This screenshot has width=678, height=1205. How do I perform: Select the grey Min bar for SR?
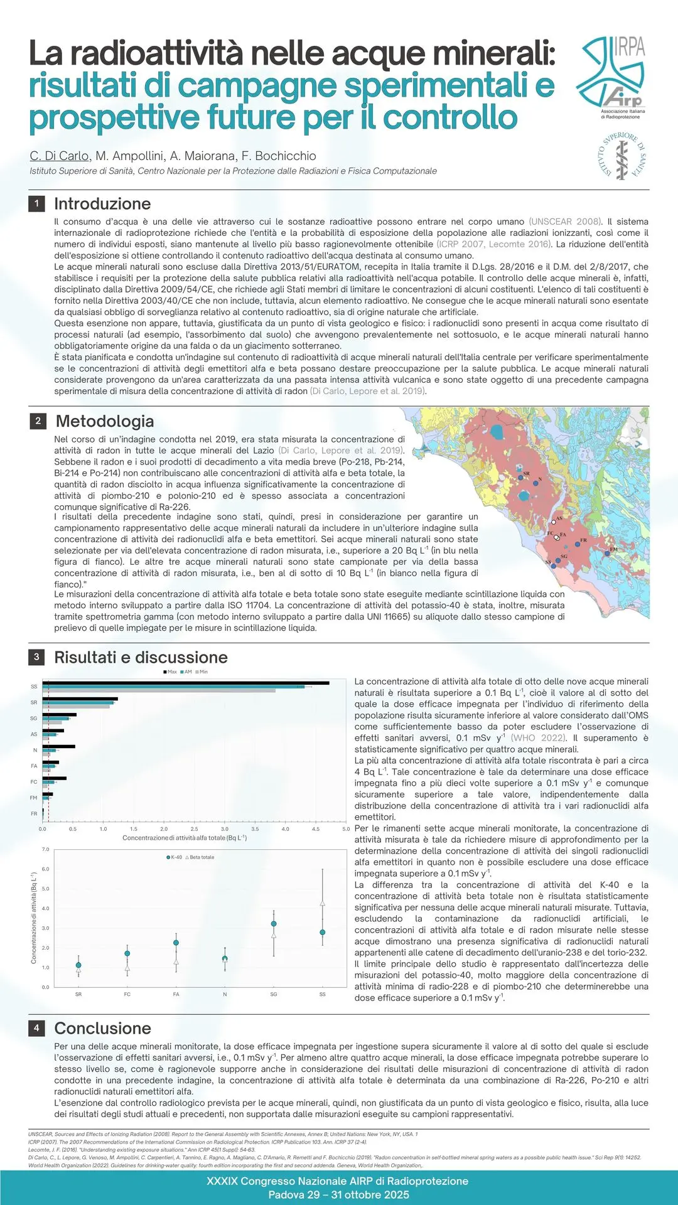click(x=75, y=707)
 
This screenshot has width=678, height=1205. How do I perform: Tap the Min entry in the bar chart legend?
click(x=202, y=672)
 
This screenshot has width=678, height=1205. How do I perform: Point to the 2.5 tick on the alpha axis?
click(x=194, y=829)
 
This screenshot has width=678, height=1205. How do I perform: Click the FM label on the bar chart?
click(x=34, y=798)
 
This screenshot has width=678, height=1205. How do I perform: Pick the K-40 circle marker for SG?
click(x=274, y=924)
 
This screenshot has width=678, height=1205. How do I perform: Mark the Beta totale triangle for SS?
click(x=323, y=904)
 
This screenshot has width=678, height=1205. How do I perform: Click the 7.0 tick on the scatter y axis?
click(x=45, y=850)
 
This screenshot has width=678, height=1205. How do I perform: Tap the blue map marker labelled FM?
click(x=607, y=554)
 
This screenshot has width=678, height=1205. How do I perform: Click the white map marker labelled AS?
click(x=554, y=522)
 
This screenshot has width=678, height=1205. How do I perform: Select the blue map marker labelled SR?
click(x=520, y=478)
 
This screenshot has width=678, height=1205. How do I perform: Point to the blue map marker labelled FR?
click(x=578, y=544)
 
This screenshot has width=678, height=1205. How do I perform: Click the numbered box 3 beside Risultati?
click(x=36, y=657)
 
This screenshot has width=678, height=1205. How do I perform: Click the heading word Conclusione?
click(x=103, y=1028)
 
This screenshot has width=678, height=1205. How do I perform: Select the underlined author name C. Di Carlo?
click(x=60, y=156)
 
